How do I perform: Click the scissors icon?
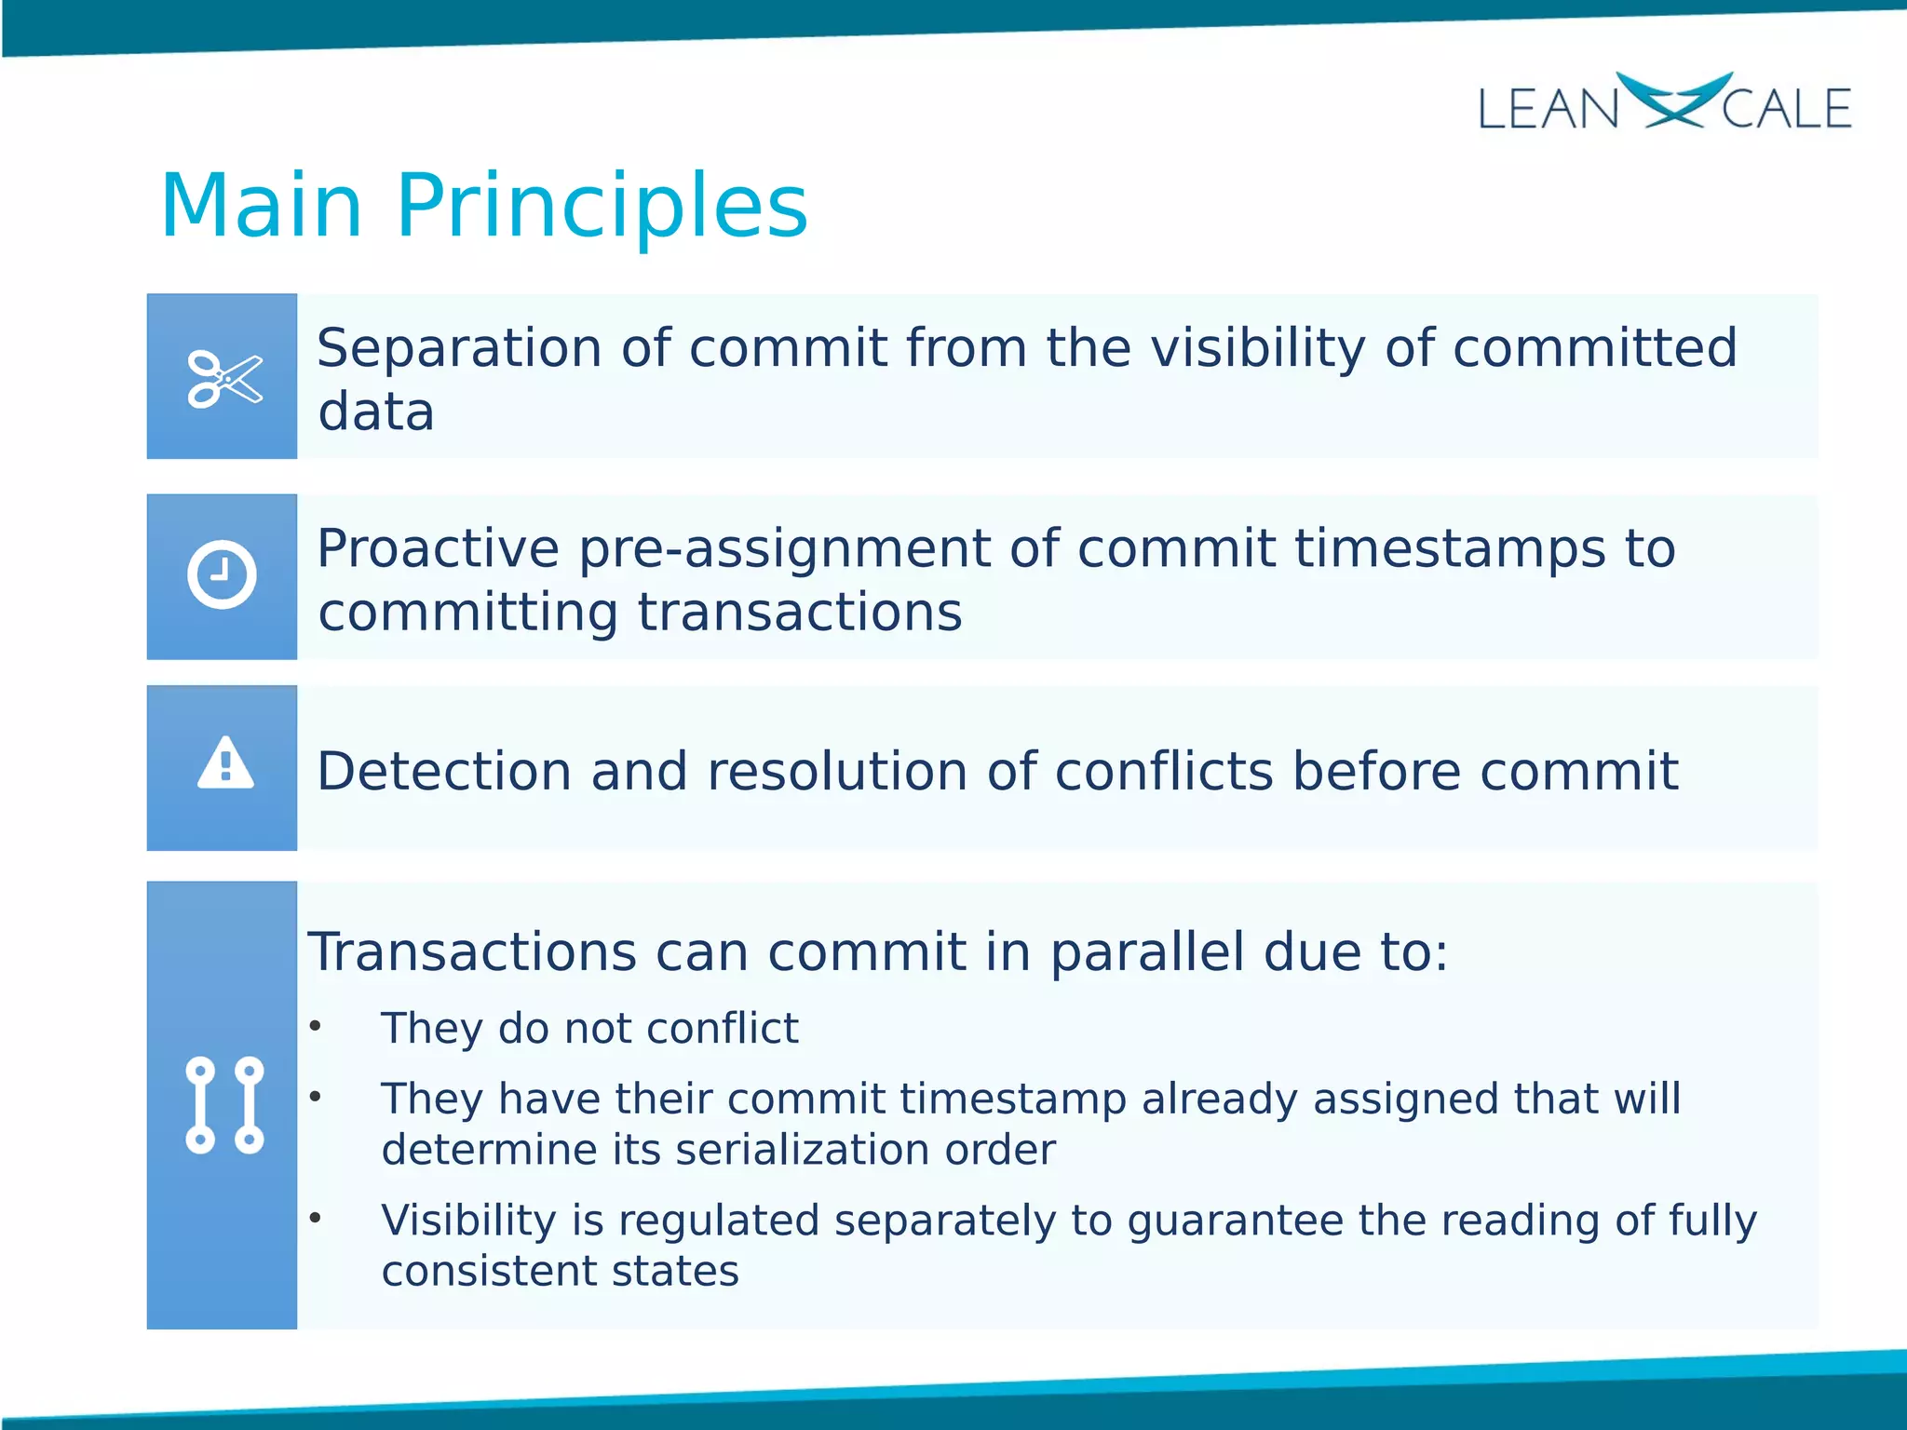click(x=224, y=379)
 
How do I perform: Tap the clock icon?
click(x=222, y=574)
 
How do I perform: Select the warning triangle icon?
click(x=225, y=764)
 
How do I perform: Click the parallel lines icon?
click(x=224, y=1105)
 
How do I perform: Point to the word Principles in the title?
click(x=602, y=208)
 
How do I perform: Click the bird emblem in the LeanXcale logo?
click(x=1672, y=100)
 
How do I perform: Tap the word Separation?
click(x=459, y=348)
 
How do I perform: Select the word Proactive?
click(x=437, y=548)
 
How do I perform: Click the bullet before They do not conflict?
click(x=316, y=1026)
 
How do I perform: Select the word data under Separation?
click(x=375, y=412)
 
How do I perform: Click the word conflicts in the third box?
click(x=1163, y=772)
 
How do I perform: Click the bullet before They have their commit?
click(x=316, y=1097)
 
